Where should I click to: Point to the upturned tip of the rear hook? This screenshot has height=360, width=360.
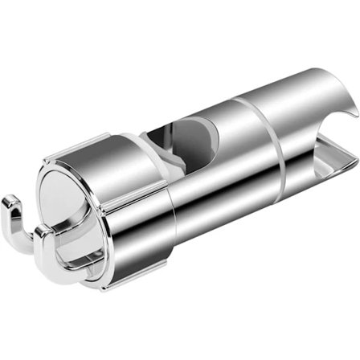click(x=12, y=218)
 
